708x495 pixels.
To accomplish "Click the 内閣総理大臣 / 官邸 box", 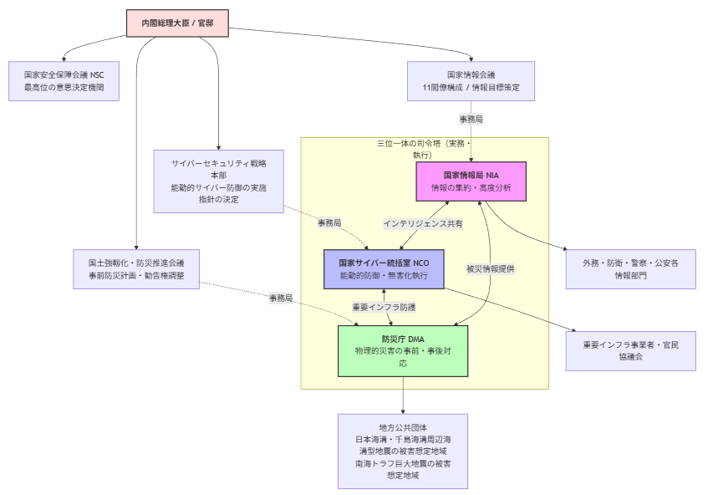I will (x=177, y=23).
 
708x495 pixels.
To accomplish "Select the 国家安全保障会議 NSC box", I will (x=64, y=80).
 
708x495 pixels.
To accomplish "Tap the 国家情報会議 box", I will (x=471, y=80).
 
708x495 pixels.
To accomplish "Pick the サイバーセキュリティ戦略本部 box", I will (x=218, y=181).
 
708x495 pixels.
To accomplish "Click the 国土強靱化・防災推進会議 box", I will (x=135, y=268).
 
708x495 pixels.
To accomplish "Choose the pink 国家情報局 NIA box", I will (x=471, y=181).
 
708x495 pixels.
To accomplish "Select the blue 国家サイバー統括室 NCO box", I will (x=384, y=268).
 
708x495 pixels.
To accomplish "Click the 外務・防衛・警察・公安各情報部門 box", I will (x=630, y=268).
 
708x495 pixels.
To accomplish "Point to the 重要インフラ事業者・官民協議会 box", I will (x=630, y=350).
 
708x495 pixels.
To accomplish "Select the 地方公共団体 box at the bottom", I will (x=402, y=451).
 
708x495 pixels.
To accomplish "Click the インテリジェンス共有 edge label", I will (x=423, y=224).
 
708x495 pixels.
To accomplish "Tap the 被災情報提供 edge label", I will (x=490, y=268).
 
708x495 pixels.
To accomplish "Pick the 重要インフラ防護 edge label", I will (x=383, y=308).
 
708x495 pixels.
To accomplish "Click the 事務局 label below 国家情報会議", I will (x=471, y=120).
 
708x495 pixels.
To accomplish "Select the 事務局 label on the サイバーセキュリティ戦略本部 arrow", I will (x=329, y=223).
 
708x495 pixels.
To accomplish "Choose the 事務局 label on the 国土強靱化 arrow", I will (x=281, y=299).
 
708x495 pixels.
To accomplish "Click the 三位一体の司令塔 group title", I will (x=424, y=149).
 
